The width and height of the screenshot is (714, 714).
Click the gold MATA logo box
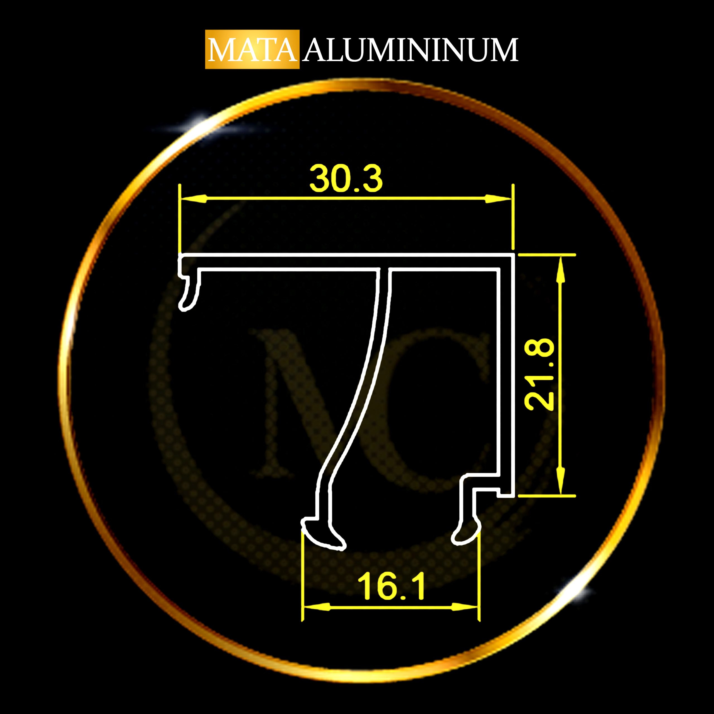pyautogui.click(x=252, y=49)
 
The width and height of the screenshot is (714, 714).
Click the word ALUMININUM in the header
pyautogui.click(x=410, y=50)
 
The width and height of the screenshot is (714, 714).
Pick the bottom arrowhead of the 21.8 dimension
pyautogui.click(x=561, y=481)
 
